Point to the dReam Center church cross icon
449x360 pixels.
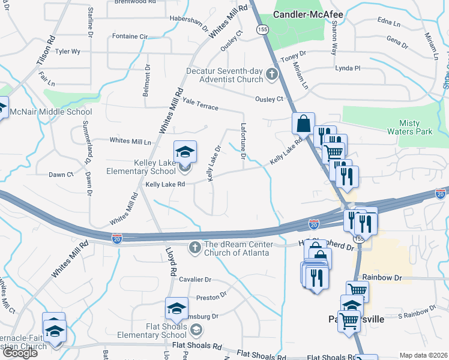point(194,247)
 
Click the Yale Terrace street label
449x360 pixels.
point(200,104)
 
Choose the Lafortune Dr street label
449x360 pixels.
point(244,142)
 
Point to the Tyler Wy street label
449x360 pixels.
point(67,52)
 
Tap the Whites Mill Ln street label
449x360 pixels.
point(130,140)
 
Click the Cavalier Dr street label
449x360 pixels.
point(196,280)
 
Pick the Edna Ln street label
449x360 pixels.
point(389,23)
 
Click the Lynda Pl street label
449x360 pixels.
point(348,68)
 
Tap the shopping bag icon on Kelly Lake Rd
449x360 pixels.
point(303,123)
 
